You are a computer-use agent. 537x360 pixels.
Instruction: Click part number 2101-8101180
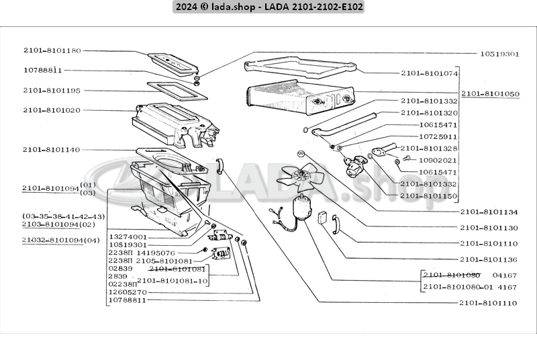point(52,50)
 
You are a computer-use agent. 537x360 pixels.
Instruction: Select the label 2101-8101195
point(52,90)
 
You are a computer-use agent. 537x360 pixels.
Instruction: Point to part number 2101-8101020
point(52,109)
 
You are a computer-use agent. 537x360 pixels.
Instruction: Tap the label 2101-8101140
point(52,149)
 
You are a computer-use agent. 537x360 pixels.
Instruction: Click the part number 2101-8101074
point(430,73)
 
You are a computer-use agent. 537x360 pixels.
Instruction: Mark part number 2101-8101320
point(430,113)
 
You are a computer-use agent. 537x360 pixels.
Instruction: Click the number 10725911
point(438,136)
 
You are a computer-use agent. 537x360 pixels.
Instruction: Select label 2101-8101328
point(430,148)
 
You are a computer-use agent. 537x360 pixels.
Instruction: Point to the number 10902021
point(438,160)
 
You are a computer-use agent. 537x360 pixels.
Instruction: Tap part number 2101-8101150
point(430,195)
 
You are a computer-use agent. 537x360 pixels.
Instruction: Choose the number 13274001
point(128,237)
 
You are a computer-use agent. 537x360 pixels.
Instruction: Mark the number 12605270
point(128,292)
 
